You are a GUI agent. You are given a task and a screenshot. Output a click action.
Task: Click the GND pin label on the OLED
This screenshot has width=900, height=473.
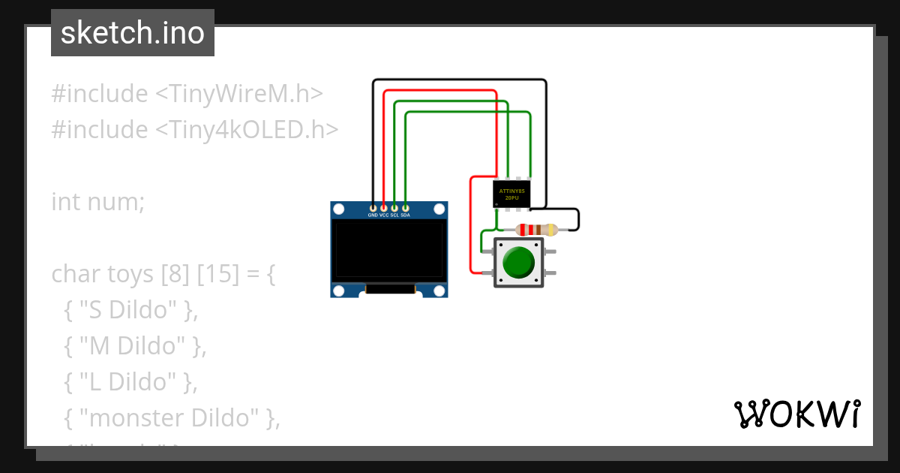373,215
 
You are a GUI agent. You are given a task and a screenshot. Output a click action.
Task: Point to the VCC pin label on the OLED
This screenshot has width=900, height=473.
384,215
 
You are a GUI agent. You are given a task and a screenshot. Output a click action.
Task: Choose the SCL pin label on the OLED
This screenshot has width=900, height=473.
394,215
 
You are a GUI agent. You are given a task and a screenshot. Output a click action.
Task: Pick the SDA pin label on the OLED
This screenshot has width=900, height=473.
405,215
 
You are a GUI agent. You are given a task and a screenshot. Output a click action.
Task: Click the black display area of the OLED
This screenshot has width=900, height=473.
389,250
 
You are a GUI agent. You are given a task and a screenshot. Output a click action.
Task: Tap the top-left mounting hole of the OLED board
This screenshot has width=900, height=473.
338,208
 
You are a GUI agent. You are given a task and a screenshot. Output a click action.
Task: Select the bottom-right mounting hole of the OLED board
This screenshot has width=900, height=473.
440,291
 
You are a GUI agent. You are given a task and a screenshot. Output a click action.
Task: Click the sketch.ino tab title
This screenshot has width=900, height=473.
133,33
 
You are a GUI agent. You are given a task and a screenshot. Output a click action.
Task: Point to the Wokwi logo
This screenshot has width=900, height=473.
796,414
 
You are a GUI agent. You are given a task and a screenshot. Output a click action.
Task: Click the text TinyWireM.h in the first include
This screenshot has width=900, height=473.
240,94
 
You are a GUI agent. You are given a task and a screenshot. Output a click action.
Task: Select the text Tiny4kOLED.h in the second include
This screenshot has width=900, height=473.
247,130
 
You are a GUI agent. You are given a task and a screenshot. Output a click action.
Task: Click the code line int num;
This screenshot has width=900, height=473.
97,202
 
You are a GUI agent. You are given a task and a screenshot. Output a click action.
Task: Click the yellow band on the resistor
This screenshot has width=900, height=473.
552,230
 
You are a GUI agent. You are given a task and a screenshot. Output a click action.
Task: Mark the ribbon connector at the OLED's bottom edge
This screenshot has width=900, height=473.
389,288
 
